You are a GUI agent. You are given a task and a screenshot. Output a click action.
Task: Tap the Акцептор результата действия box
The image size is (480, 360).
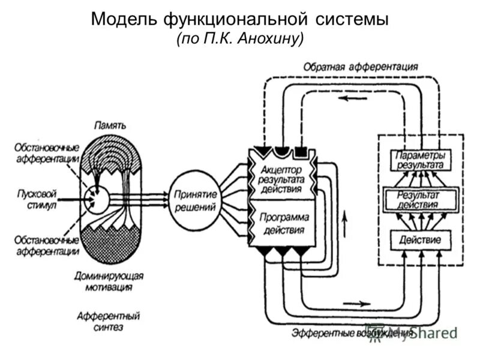281,178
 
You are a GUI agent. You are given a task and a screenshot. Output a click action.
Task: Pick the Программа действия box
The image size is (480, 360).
282,223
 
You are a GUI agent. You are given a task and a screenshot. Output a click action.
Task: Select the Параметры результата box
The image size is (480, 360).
420,160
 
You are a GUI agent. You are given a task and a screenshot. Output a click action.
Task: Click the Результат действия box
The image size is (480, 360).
420,199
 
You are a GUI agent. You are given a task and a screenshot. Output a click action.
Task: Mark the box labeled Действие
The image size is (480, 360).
420,240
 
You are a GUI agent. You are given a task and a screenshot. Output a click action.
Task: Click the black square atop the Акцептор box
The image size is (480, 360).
302,149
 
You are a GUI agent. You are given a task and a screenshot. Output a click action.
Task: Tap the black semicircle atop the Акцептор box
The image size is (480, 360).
281,149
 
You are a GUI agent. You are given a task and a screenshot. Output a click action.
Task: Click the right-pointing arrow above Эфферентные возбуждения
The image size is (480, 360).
356,304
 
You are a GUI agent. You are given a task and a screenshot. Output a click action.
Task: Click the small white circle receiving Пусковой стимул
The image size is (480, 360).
97,200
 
